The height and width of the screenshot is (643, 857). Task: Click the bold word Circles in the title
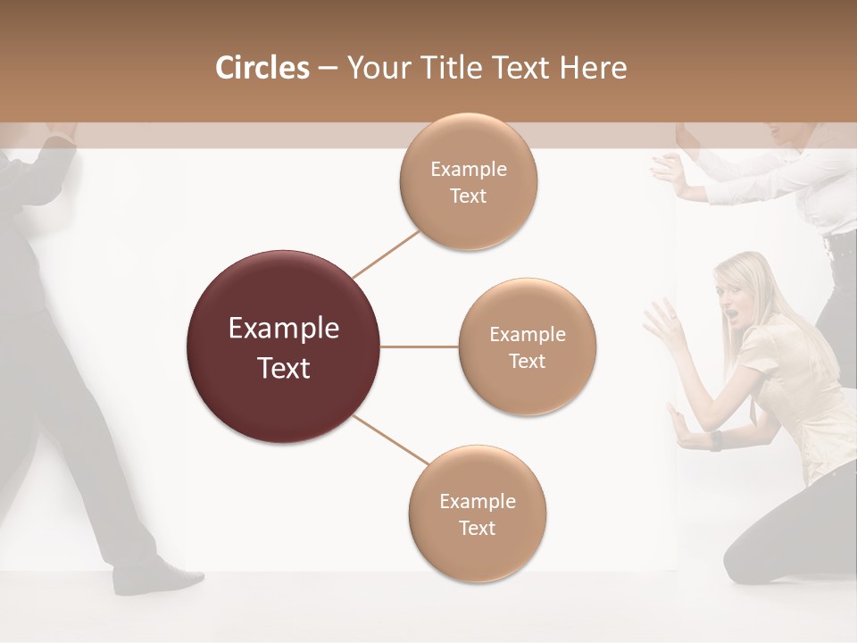[x=262, y=68]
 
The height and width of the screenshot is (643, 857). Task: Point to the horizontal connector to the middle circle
[x=420, y=347]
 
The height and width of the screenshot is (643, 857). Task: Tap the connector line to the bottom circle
[x=389, y=440]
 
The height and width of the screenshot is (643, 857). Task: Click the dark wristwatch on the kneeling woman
[x=716, y=440]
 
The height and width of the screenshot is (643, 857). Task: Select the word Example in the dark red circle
[x=284, y=329]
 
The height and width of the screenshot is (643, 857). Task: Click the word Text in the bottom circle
[x=478, y=528]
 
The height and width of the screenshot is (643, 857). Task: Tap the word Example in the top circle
[x=468, y=170]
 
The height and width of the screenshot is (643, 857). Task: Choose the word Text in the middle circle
[x=527, y=362]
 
